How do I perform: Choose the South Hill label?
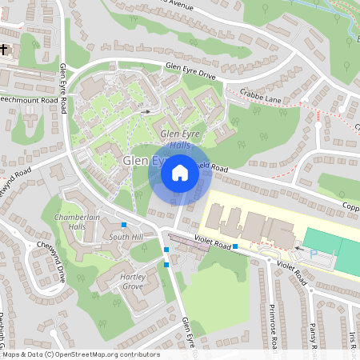coord(126,238)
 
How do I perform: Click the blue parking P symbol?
coord(314,252)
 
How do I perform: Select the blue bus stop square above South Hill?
coord(124,225)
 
